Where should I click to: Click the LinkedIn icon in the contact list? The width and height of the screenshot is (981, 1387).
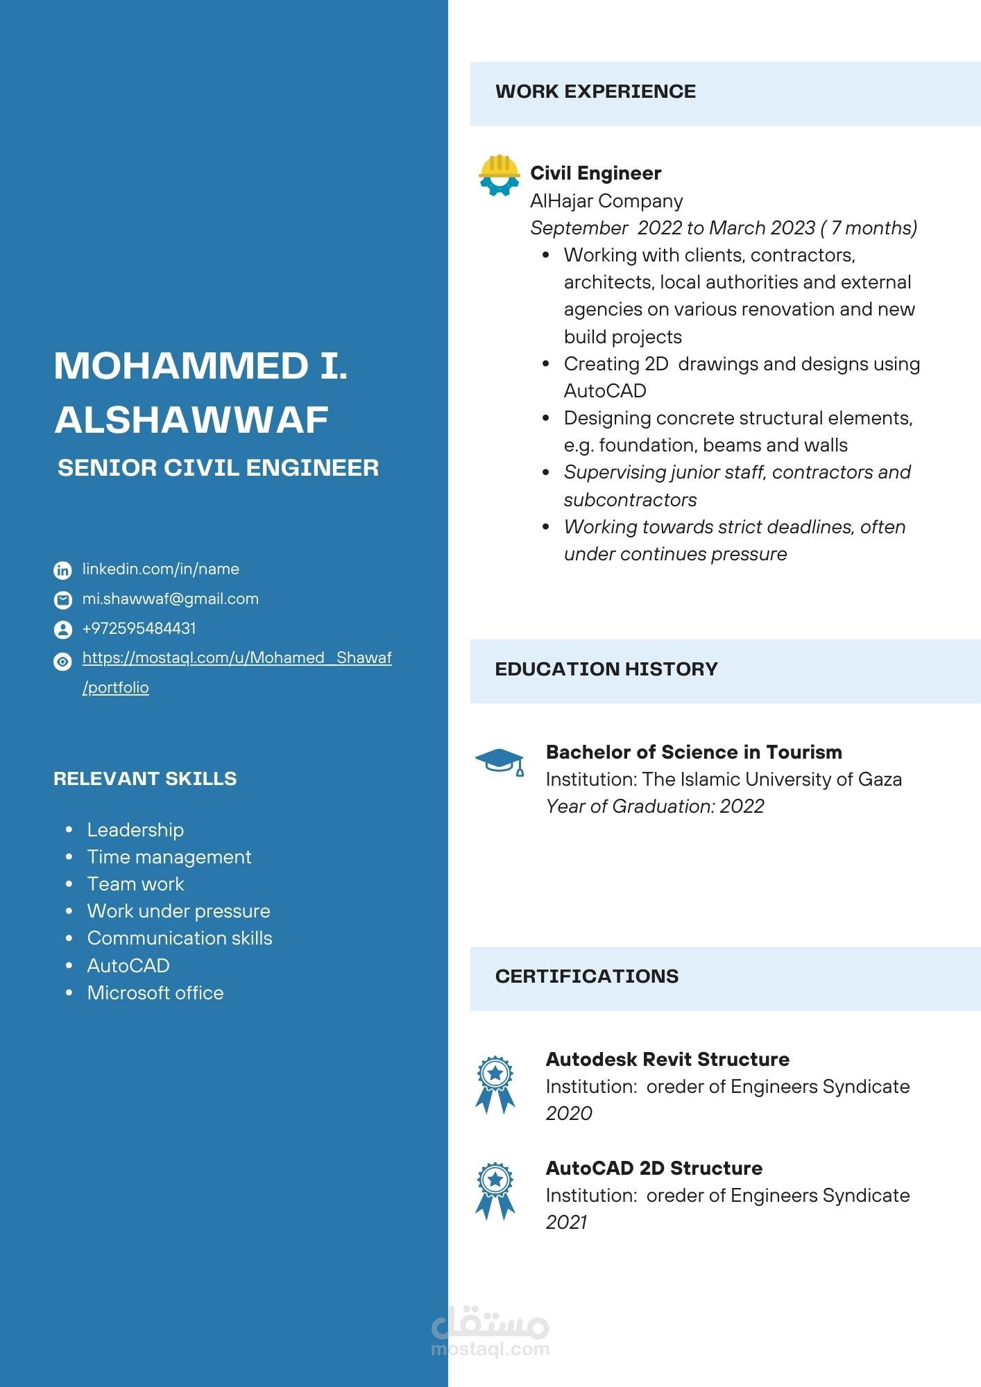[x=62, y=570]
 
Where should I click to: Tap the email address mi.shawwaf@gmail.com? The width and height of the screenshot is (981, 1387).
[x=170, y=599]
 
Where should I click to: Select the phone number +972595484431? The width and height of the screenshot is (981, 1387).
[x=139, y=628]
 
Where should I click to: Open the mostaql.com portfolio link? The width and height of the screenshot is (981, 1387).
[x=237, y=658]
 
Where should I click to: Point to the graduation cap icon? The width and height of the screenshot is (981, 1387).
[x=500, y=761]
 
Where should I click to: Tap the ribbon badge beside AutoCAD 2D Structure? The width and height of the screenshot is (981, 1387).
[x=495, y=1191]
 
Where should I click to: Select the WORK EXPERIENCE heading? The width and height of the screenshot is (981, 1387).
[x=595, y=92]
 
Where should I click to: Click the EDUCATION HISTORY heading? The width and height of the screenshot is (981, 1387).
[x=606, y=669]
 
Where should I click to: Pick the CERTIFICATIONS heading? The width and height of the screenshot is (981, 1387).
[x=586, y=976]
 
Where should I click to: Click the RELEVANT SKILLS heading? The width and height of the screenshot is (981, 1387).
[x=145, y=779]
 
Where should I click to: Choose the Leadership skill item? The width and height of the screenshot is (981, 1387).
[x=135, y=830]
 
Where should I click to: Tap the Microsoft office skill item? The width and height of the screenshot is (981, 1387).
[x=155, y=993]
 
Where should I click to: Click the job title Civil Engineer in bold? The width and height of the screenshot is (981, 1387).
[x=595, y=173]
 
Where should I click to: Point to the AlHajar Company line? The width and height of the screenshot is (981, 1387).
[x=606, y=201]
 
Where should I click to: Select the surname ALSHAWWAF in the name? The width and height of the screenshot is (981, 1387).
[x=191, y=420]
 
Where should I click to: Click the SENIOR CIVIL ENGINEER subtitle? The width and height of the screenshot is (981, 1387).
[x=218, y=468]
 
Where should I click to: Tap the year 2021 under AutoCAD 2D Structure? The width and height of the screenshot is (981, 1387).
[x=566, y=1223]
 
